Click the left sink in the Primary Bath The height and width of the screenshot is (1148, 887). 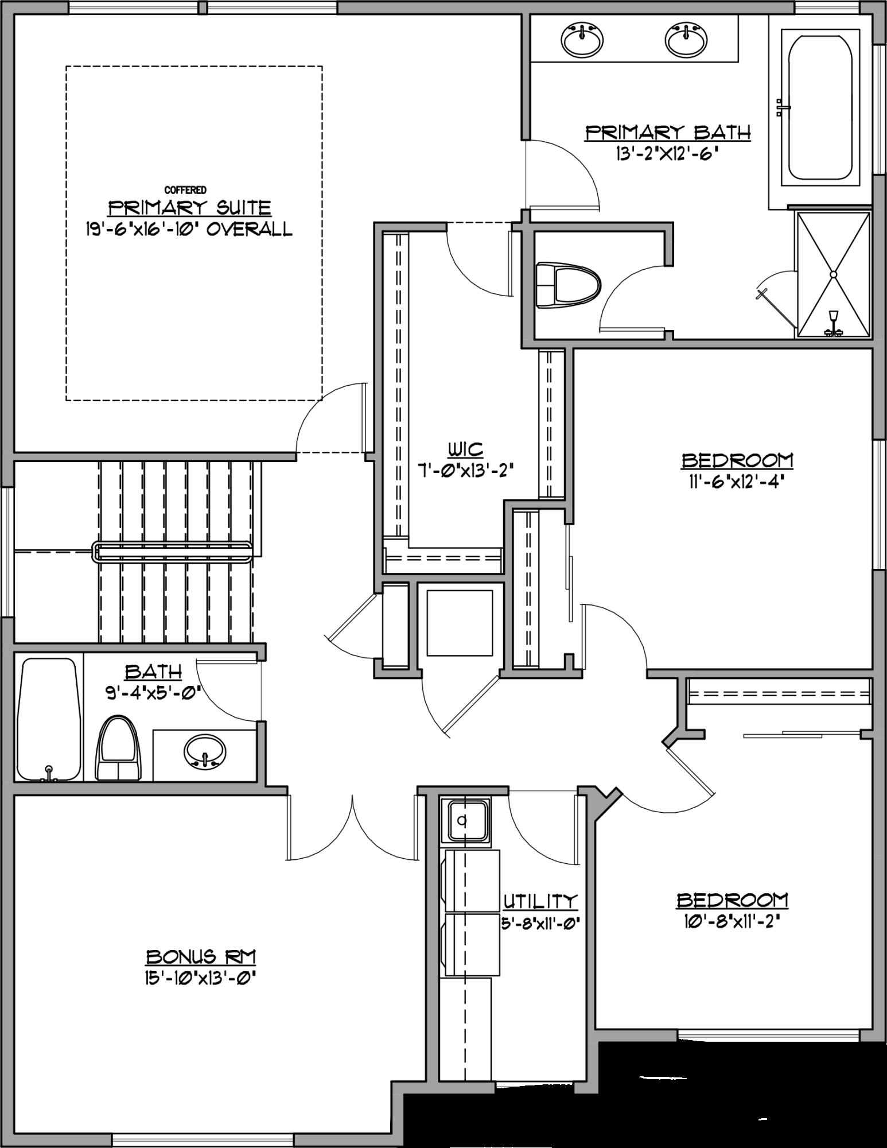[582, 40]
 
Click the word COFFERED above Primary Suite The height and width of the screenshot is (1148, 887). [185, 190]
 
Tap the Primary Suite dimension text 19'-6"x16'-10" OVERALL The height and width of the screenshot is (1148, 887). [187, 229]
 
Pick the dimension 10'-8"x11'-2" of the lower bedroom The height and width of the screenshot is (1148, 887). [733, 921]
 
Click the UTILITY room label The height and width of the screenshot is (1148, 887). [539, 902]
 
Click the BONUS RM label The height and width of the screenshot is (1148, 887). [200, 957]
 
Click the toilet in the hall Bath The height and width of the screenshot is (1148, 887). [119, 748]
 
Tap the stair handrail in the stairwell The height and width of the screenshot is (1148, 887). [172, 553]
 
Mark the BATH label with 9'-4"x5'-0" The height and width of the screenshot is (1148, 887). [154, 671]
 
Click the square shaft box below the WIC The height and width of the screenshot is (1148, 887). [459, 622]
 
